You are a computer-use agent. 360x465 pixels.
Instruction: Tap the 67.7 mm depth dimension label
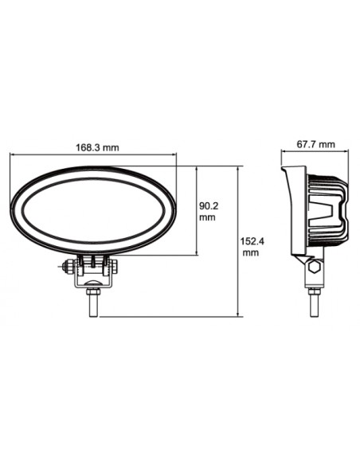coord(315,145)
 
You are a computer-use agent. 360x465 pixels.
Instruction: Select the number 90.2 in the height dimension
coord(209,205)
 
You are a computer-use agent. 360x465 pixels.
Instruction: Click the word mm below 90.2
coord(207,217)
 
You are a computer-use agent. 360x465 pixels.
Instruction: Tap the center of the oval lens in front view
coord(94,213)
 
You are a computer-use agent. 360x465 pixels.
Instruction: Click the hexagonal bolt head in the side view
coord(314,268)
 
